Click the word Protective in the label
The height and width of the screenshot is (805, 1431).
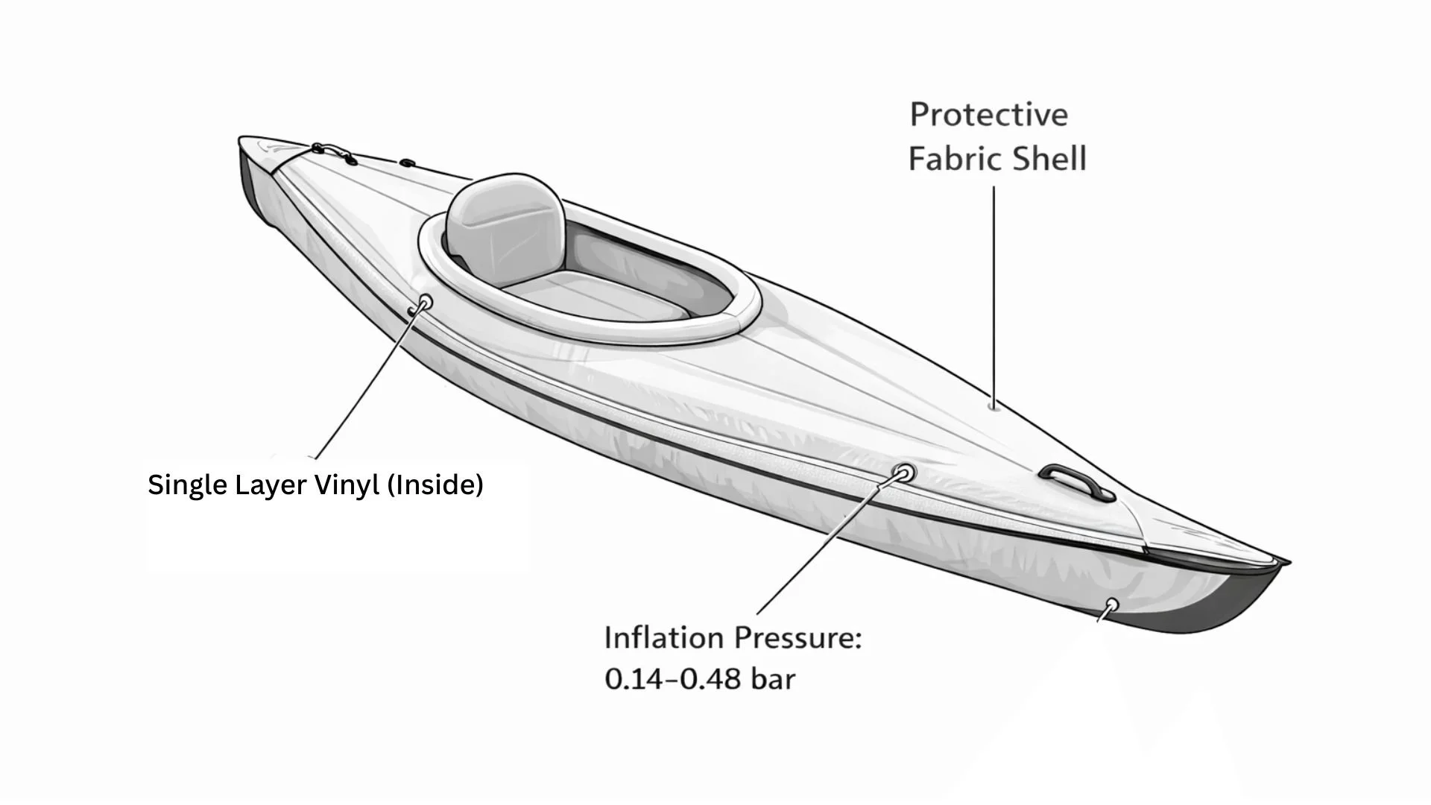pyautogui.click(x=988, y=115)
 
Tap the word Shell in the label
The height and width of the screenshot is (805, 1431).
pyautogui.click(x=1052, y=160)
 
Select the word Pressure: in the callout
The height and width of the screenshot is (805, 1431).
pyautogui.click(x=797, y=638)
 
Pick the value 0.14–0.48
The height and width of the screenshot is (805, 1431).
pyautogui.click(x=673, y=679)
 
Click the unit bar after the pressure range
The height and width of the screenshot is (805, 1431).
pyautogui.click(x=773, y=679)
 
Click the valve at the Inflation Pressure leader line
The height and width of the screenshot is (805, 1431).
pyautogui.click(x=904, y=473)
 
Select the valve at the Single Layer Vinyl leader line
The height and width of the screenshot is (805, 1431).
pyautogui.click(x=426, y=303)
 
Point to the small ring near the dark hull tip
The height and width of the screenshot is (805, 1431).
pyautogui.click(x=1111, y=604)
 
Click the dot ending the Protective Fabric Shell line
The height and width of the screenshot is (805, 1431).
pyautogui.click(x=992, y=406)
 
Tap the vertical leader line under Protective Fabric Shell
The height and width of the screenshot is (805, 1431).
pyautogui.click(x=993, y=291)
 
